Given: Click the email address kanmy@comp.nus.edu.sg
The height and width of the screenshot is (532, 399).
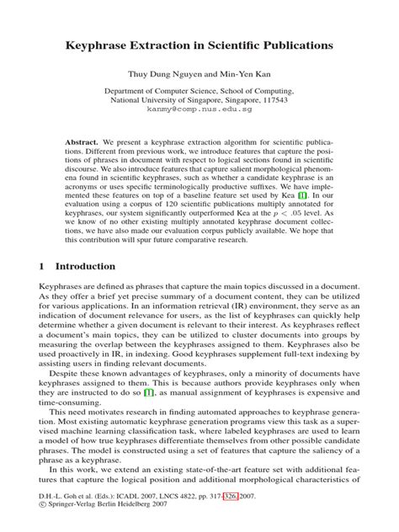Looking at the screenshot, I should point(199,110).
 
